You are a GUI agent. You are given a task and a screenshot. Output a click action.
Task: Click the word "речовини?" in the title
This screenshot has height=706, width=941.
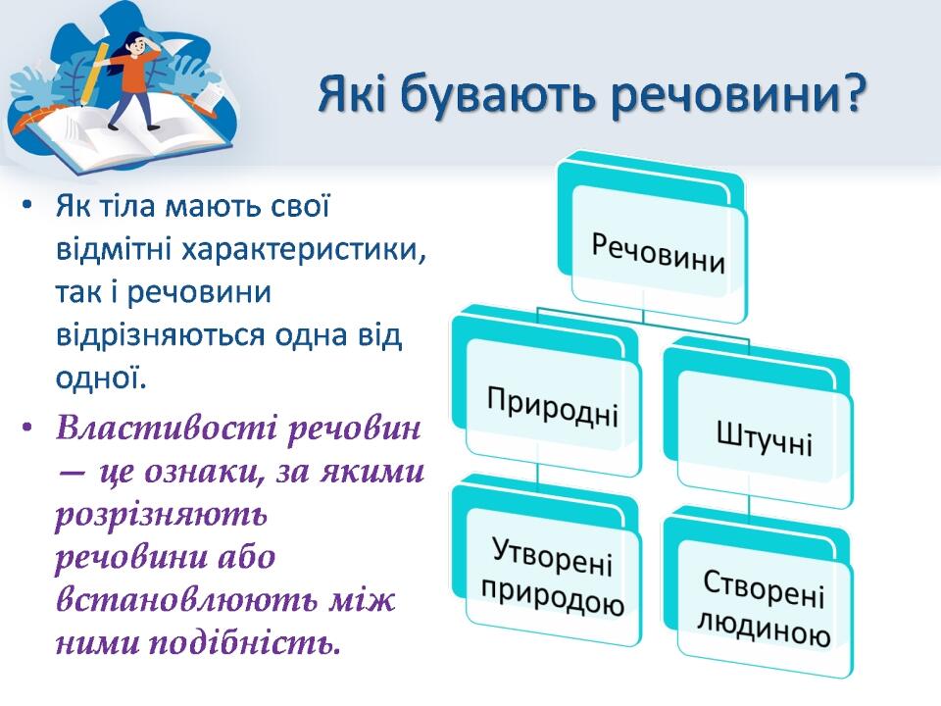[x=737, y=94]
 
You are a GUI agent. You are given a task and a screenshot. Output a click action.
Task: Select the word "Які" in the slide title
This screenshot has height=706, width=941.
[x=352, y=93]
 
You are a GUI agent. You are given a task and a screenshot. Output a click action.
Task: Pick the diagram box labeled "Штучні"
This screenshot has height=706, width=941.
[x=758, y=424]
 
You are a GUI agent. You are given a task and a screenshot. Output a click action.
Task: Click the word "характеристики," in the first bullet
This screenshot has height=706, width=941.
[x=304, y=249]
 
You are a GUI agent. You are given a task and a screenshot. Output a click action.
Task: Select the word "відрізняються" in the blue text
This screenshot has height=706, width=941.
[x=160, y=335]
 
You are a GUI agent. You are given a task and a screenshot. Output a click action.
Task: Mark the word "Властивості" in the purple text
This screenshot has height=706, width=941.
[x=165, y=429]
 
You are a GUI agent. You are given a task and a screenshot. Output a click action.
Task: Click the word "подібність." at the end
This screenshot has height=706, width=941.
[x=244, y=643]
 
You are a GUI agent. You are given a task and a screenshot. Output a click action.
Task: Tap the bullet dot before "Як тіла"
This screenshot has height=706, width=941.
[x=26, y=207]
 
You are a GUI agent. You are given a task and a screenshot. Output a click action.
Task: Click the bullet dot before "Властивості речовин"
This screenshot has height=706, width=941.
[x=26, y=429]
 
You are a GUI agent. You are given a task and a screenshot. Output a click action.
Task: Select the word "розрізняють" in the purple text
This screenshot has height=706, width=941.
[x=161, y=516]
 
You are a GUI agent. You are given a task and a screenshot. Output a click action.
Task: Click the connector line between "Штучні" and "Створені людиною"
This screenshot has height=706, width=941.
[x=750, y=505]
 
